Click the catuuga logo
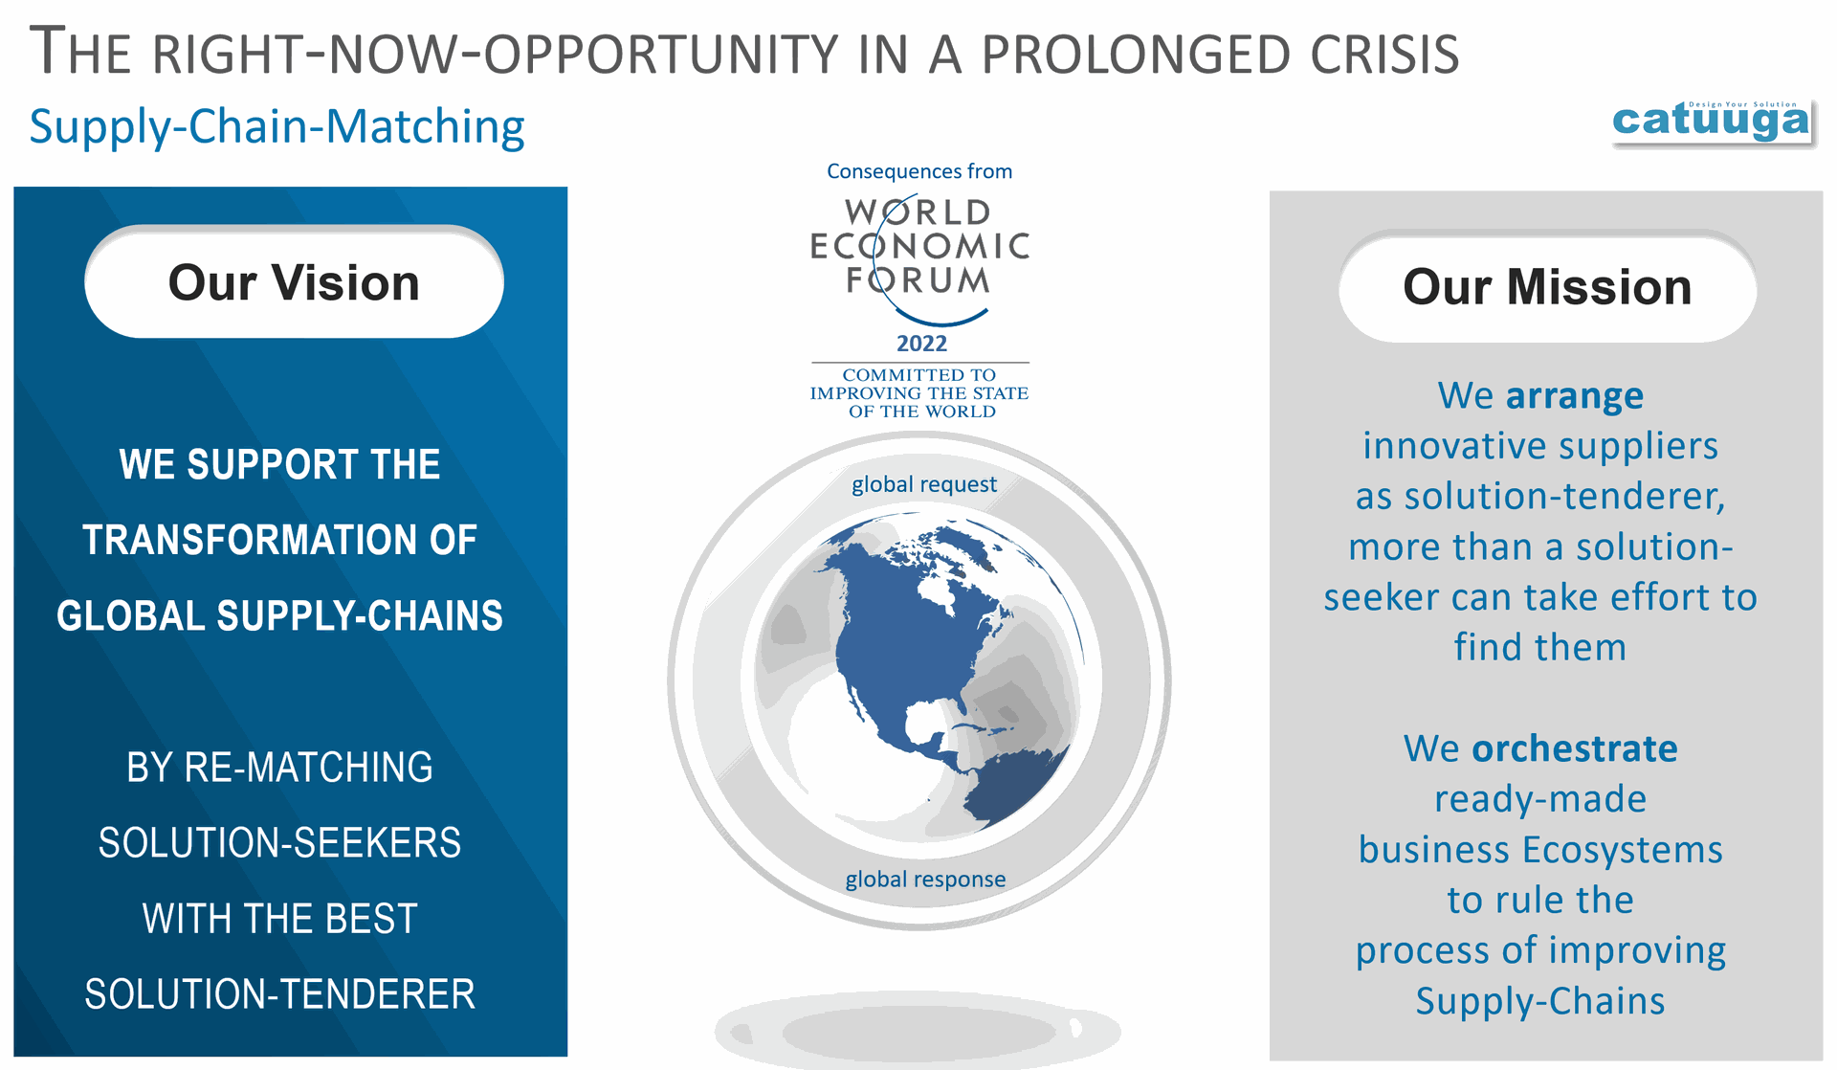click(x=1712, y=121)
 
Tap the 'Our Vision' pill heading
click(x=294, y=281)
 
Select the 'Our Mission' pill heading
click(x=1547, y=286)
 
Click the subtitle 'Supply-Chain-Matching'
click(x=277, y=126)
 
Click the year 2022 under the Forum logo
click(x=921, y=344)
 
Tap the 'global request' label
click(x=924, y=484)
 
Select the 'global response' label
click(x=925, y=879)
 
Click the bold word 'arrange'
click(x=1575, y=396)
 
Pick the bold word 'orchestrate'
click(x=1574, y=748)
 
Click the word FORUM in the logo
click(x=918, y=280)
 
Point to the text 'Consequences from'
click(x=919, y=171)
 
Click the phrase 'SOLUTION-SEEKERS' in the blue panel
click(x=279, y=843)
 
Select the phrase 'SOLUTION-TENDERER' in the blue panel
click(x=279, y=994)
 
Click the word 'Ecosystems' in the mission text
click(x=1623, y=850)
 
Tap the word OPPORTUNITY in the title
click(x=661, y=55)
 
